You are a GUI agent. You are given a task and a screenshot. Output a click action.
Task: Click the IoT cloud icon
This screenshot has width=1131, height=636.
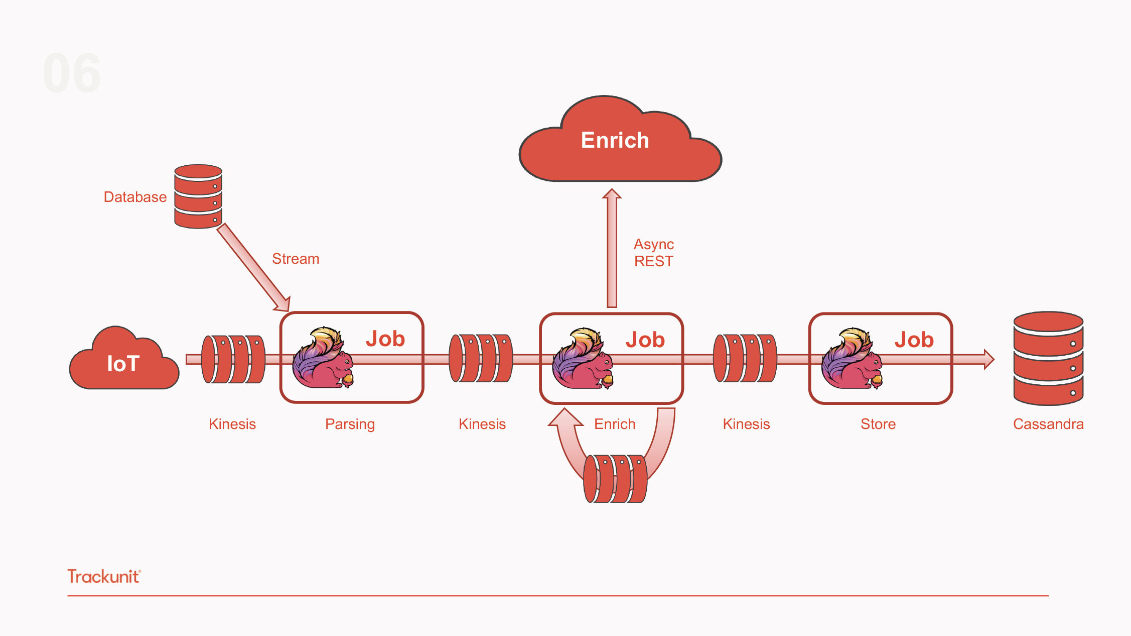pyautogui.click(x=123, y=362)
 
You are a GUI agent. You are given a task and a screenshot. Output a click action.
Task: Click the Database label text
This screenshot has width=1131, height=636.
pyautogui.click(x=135, y=197)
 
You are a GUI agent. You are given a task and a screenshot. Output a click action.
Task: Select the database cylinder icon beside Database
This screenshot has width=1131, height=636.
pyautogui.click(x=198, y=196)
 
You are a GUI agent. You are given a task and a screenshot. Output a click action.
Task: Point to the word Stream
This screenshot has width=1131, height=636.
pyautogui.click(x=296, y=259)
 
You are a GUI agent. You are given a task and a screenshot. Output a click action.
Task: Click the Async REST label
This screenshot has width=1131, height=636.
pyautogui.click(x=653, y=253)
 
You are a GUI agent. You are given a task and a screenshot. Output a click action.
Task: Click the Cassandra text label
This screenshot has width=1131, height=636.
pyautogui.click(x=1048, y=424)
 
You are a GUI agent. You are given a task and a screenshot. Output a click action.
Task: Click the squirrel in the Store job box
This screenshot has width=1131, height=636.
pyautogui.click(x=852, y=360)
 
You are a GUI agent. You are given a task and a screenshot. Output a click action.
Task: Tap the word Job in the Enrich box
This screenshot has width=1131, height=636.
pyautogui.click(x=645, y=340)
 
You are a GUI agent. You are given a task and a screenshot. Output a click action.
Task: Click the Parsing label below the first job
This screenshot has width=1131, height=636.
pyautogui.click(x=350, y=424)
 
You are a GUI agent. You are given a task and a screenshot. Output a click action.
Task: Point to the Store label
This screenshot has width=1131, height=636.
pyautogui.click(x=878, y=424)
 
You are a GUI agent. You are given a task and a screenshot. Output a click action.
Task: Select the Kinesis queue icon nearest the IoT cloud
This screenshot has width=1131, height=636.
pyautogui.click(x=233, y=359)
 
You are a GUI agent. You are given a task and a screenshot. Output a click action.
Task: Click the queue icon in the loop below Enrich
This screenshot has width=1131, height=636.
pyautogui.click(x=615, y=478)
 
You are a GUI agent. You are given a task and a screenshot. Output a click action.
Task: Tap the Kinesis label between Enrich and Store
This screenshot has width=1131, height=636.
pyautogui.click(x=746, y=424)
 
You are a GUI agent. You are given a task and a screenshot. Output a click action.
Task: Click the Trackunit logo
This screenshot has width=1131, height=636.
pyautogui.click(x=104, y=576)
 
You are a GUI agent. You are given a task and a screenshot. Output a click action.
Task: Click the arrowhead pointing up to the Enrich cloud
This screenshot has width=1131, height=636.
pyautogui.click(x=612, y=194)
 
